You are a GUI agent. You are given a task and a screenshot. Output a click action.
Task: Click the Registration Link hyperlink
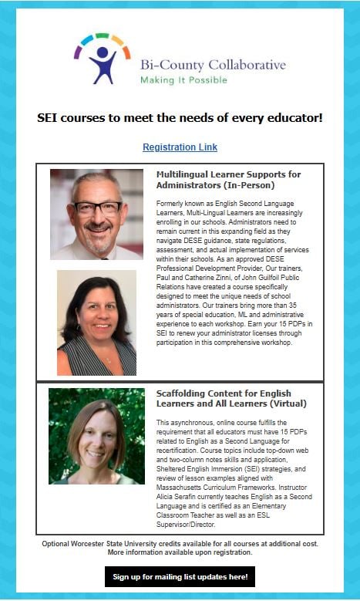pyautogui.click(x=180, y=147)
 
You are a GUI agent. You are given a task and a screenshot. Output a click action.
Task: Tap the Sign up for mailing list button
pyautogui.click(x=180, y=576)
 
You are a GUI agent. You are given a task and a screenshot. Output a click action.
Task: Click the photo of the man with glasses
pyautogui.click(x=96, y=214)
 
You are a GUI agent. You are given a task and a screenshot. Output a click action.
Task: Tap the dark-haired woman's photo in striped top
pyautogui.click(x=96, y=322)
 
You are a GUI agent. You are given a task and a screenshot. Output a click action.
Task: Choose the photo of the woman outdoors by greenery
pyautogui.click(x=96, y=436)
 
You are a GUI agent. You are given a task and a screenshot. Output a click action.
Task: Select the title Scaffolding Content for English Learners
pyautogui.click(x=230, y=398)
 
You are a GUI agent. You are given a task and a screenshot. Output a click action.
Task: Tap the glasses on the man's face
pyautogui.click(x=97, y=208)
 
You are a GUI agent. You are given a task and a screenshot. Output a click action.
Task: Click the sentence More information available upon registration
pyautogui.click(x=180, y=552)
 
